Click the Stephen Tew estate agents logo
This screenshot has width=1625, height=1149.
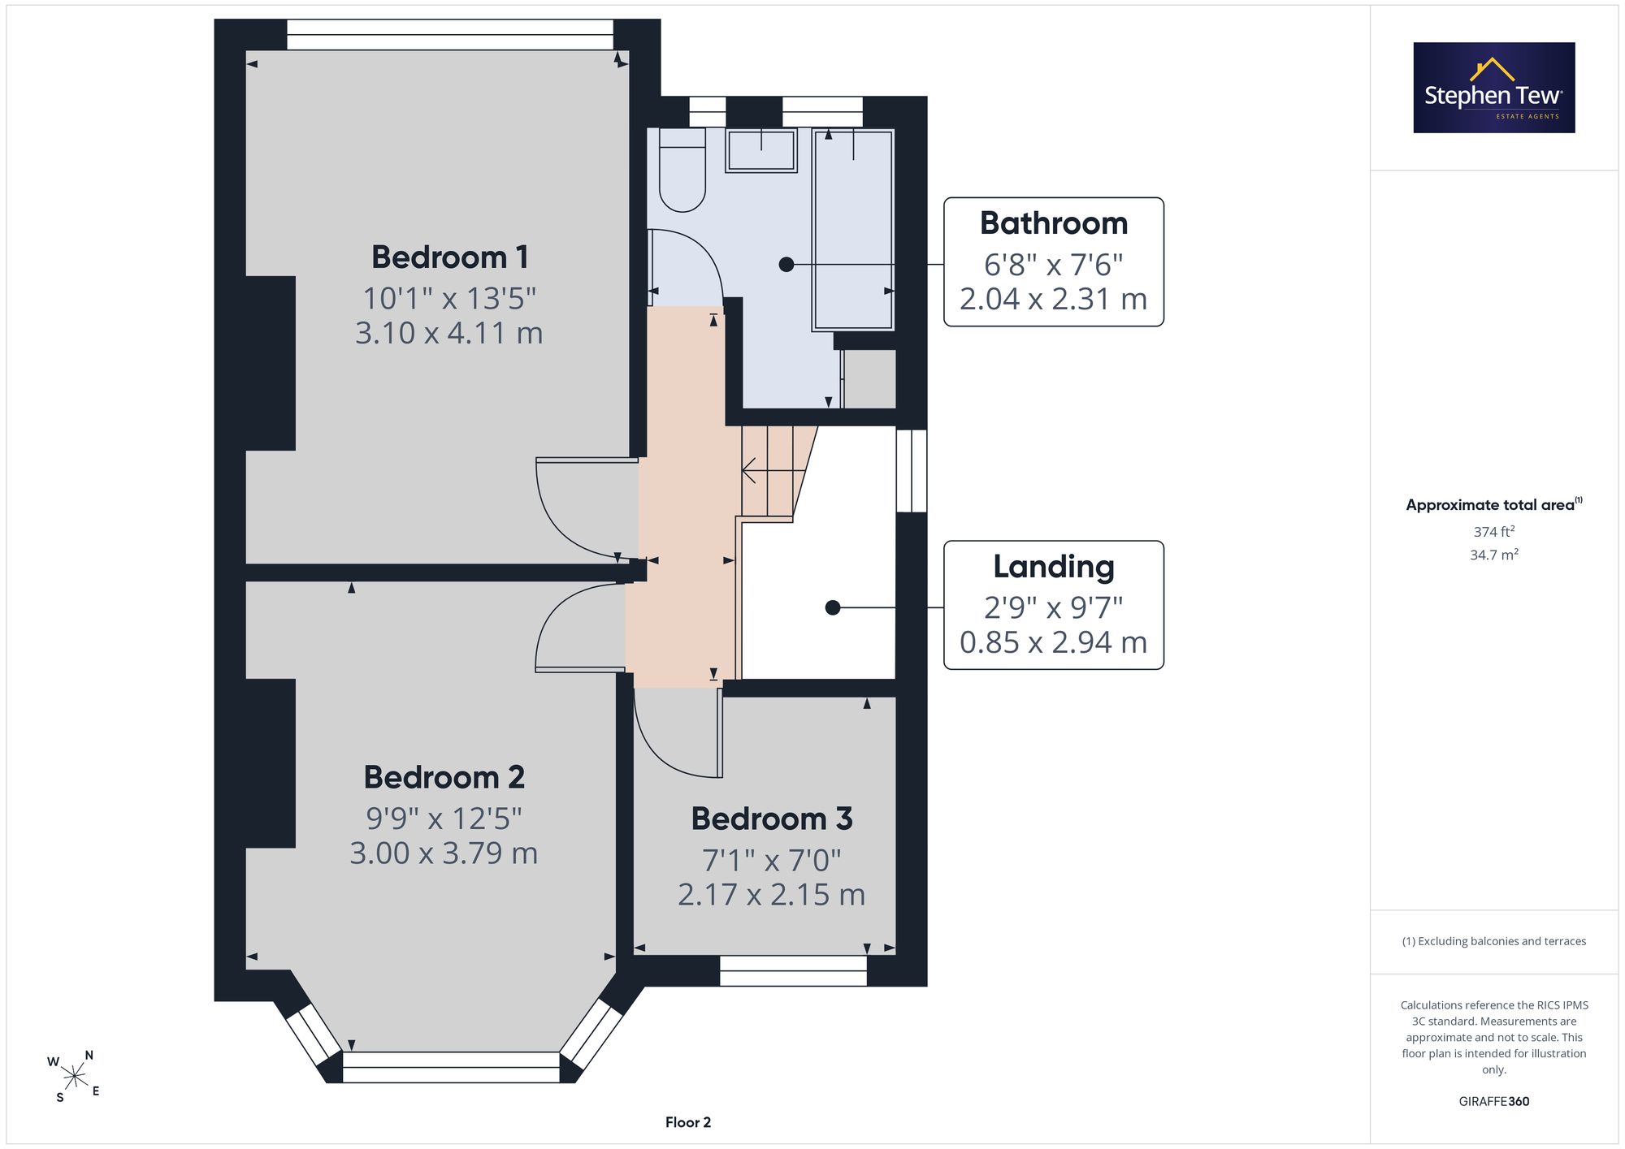click(x=1494, y=88)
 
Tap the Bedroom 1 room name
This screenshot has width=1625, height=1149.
click(x=450, y=257)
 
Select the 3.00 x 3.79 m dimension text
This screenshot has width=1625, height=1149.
click(x=444, y=853)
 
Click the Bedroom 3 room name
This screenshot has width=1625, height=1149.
click(x=772, y=819)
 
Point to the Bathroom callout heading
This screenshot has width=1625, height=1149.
click(x=1054, y=223)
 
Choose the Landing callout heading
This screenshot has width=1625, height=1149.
click(x=1054, y=567)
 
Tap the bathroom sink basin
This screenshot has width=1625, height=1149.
click(x=761, y=151)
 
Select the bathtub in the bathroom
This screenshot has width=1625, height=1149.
click(x=853, y=230)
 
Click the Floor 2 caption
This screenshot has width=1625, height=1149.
click(x=688, y=1122)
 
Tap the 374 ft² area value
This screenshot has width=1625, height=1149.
click(x=1494, y=532)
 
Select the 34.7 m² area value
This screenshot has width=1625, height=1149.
click(x=1494, y=555)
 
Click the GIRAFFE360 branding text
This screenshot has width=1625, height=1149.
click(x=1494, y=1102)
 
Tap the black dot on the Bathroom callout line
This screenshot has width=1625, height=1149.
click(x=786, y=265)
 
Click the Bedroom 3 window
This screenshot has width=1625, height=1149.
click(x=794, y=970)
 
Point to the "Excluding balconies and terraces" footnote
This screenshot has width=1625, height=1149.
click(x=1494, y=941)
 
